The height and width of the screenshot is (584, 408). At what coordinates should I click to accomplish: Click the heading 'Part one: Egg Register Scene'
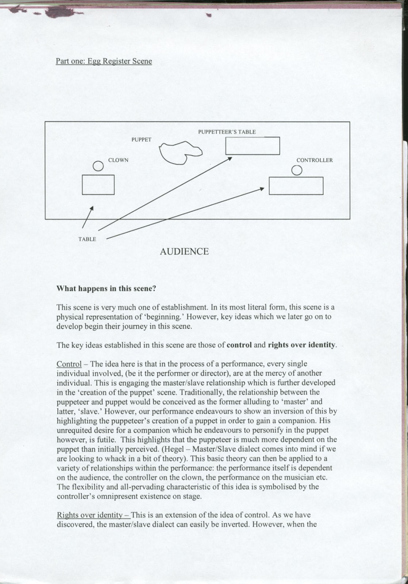[104, 61]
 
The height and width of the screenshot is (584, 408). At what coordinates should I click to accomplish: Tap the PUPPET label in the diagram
[141, 139]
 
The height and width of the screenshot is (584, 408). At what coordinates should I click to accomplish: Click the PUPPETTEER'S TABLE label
[227, 132]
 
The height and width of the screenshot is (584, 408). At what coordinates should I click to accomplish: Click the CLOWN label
[118, 160]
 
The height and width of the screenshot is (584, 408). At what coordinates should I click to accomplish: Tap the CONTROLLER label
[315, 160]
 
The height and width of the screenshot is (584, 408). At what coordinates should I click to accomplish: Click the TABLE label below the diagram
[87, 239]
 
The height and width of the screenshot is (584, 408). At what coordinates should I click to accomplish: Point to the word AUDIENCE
[184, 251]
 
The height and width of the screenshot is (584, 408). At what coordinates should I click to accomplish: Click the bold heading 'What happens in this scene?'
[106, 289]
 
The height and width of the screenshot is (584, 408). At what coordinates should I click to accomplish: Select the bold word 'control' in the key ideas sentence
[239, 345]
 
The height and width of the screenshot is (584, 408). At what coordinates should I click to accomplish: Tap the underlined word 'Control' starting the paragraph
[69, 364]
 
